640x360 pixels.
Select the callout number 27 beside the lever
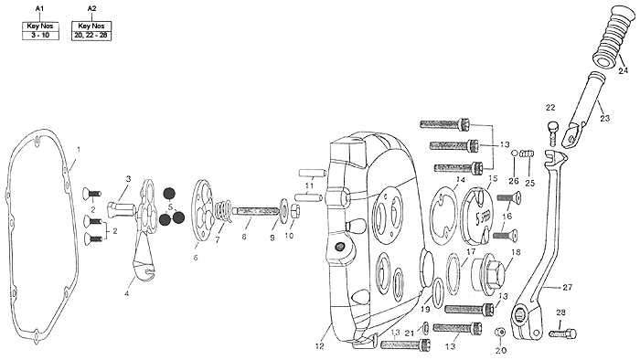tap(568, 288)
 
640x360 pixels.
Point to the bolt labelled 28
tap(563, 334)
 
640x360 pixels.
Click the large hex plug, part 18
tap(488, 277)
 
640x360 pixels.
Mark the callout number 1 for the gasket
tap(79, 150)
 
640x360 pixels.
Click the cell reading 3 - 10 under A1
tap(40, 35)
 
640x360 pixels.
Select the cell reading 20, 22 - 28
tap(91, 35)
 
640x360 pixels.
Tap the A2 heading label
tap(91, 8)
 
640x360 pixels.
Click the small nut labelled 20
tap(499, 333)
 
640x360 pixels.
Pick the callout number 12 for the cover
tap(320, 346)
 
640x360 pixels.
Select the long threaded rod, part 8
tap(256, 212)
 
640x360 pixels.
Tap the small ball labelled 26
tap(515, 153)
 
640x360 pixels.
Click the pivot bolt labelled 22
tap(552, 132)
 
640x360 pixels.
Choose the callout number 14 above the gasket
tap(461, 180)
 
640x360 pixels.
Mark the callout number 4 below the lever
tap(127, 293)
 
